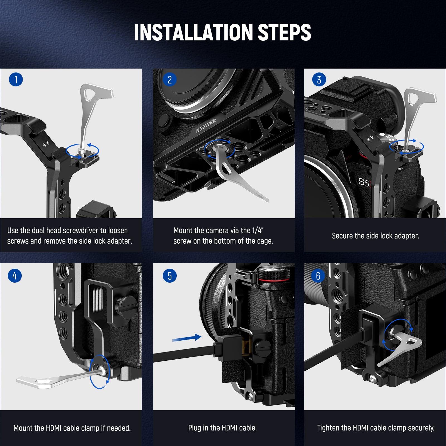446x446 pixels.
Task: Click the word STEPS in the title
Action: (285, 32)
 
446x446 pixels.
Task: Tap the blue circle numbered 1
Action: (16, 79)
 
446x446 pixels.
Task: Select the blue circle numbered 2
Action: (170, 80)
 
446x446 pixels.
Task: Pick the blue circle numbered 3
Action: (319, 80)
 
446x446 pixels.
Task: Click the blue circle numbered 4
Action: (15, 276)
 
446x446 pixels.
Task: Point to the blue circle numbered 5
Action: (170, 276)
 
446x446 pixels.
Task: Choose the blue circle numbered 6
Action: (318, 276)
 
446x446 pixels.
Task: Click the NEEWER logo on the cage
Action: (206, 126)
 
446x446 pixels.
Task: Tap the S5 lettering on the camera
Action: (364, 182)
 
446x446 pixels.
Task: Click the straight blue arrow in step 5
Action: (186, 338)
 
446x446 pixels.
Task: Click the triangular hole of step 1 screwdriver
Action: (90, 94)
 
